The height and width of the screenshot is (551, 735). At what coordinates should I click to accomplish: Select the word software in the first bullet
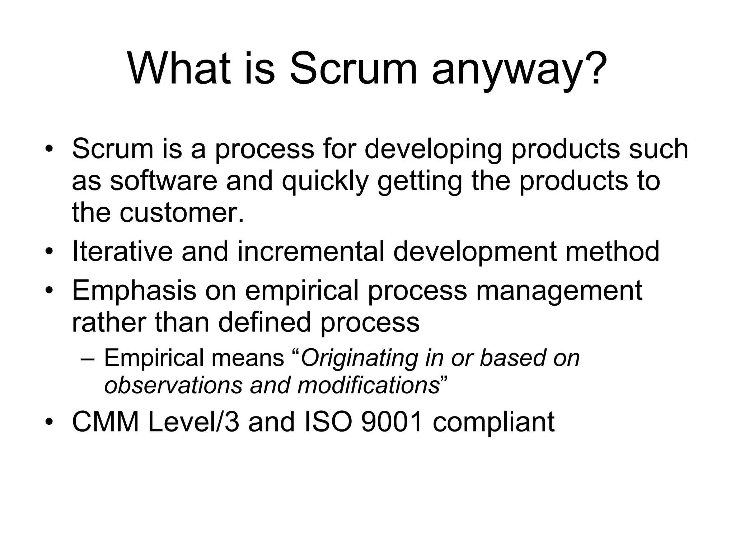click(163, 180)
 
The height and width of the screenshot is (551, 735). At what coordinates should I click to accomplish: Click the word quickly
click(325, 181)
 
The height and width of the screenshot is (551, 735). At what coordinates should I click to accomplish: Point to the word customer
click(182, 212)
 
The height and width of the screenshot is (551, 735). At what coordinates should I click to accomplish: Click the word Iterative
click(122, 251)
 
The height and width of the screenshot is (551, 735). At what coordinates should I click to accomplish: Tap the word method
click(612, 251)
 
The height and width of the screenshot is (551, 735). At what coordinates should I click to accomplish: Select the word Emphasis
click(134, 290)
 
